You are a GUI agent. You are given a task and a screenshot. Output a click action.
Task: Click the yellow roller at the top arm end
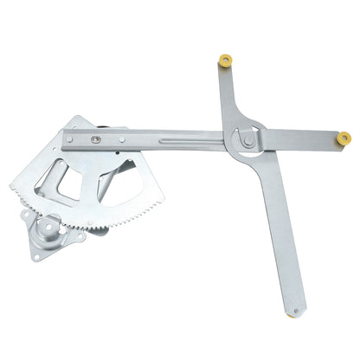point(226,61)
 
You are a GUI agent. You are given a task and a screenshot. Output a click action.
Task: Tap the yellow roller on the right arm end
point(344,137)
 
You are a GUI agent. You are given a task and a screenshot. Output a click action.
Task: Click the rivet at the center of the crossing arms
point(247,138)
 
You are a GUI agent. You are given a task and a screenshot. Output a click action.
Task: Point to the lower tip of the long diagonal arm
point(299,312)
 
